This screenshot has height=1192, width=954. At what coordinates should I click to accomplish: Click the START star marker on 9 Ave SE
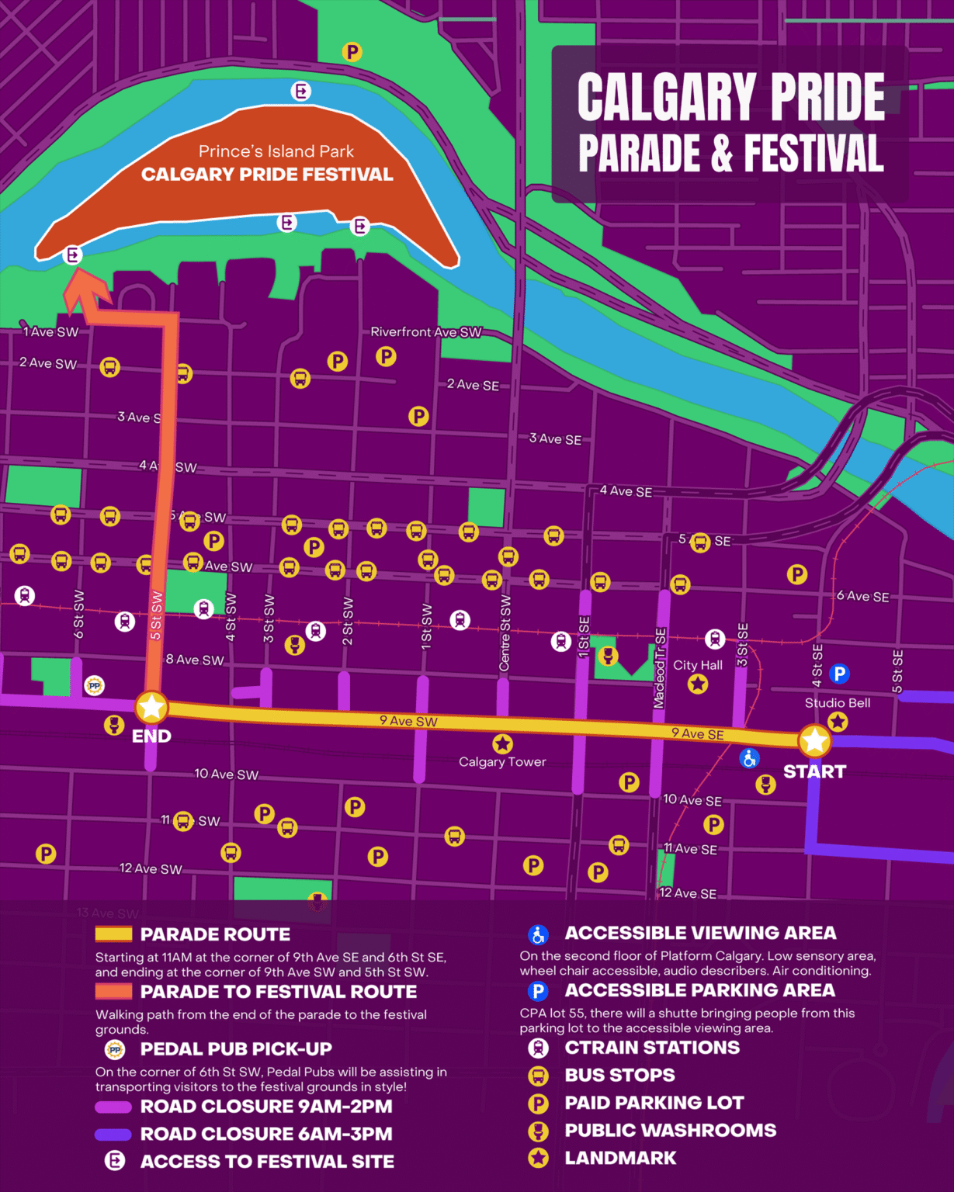pos(814,741)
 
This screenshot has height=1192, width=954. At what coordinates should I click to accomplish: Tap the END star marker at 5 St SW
pos(151,707)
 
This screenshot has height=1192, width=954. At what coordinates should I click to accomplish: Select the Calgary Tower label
pos(502,762)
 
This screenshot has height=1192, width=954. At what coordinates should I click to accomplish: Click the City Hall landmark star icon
pos(698,684)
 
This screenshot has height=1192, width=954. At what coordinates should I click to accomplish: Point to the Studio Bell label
pos(837,703)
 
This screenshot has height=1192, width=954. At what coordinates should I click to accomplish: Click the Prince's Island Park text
pos(276,151)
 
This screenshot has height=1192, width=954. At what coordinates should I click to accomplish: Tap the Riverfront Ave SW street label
pos(425,332)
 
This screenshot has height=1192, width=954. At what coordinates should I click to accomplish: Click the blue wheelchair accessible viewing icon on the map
pos(749,758)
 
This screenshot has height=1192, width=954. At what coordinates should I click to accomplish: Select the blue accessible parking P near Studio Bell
pos(839,674)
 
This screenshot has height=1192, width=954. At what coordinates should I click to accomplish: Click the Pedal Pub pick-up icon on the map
pos(94,686)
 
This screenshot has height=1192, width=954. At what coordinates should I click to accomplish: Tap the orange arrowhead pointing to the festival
pos(85,294)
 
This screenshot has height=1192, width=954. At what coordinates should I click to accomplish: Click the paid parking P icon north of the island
pos(352,52)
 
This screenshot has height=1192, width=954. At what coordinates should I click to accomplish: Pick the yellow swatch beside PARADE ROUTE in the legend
pos(113,934)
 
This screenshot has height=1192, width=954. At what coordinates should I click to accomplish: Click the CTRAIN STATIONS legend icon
pos(538,1048)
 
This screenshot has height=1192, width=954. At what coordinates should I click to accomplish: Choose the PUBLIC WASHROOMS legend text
pos(670,1131)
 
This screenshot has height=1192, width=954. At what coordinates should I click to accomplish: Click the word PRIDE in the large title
pos(827,97)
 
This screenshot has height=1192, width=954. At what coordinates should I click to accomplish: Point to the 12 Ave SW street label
pos(151,868)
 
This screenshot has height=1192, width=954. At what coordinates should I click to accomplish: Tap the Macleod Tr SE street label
pos(660,668)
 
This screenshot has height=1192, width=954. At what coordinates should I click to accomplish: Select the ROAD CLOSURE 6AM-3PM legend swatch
pos(113,1135)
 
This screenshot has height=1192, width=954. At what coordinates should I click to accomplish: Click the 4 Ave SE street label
pos(626,491)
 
